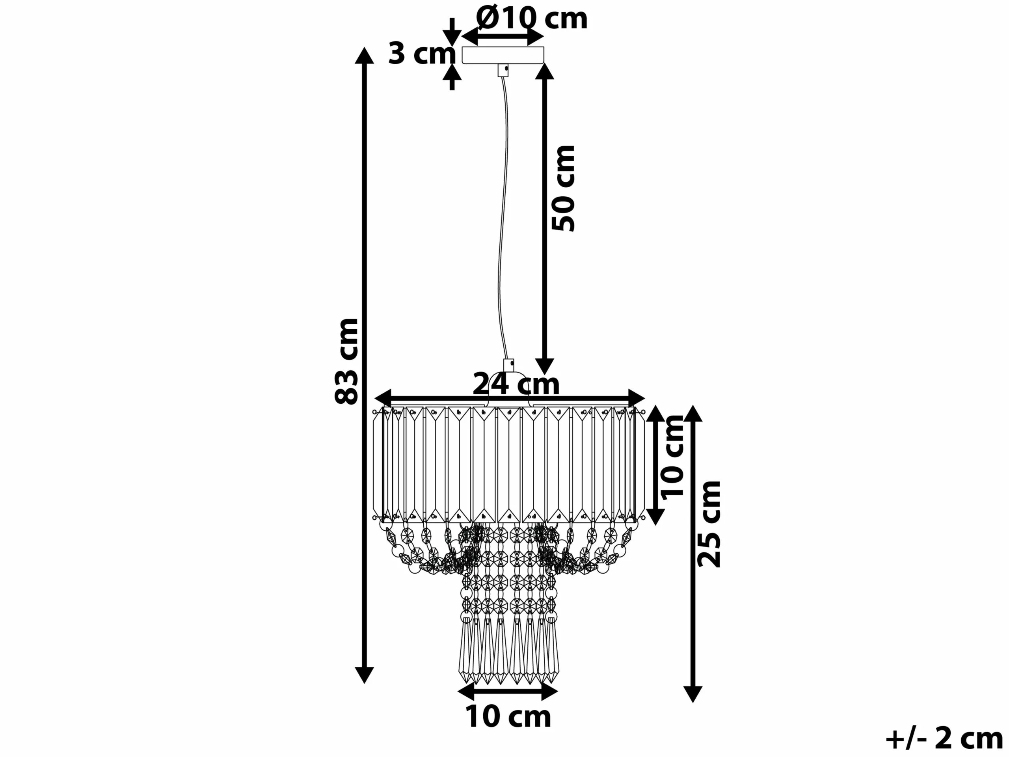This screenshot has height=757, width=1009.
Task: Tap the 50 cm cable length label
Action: point(563,188)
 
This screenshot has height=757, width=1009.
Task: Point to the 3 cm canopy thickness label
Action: point(422,54)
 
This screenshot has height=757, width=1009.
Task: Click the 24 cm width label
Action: point(516,384)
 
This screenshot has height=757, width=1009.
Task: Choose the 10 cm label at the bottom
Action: point(508,716)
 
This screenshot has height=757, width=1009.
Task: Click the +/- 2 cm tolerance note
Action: point(944,739)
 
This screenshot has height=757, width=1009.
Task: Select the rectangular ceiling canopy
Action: point(503,55)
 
